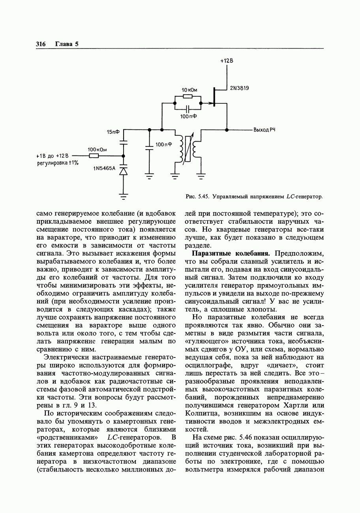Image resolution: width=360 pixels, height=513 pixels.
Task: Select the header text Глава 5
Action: (x=67, y=44)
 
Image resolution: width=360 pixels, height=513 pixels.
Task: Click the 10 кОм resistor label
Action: (x=189, y=90)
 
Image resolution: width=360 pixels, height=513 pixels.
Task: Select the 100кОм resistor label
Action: (x=97, y=150)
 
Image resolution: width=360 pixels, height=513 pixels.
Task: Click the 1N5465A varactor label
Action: (x=104, y=169)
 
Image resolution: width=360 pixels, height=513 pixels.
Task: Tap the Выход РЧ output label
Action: (x=264, y=129)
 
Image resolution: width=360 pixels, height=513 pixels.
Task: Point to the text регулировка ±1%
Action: (x=58, y=163)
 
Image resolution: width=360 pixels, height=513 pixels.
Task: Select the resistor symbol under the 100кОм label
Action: (x=94, y=156)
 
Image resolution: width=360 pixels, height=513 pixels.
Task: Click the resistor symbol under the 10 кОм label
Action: (x=188, y=96)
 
